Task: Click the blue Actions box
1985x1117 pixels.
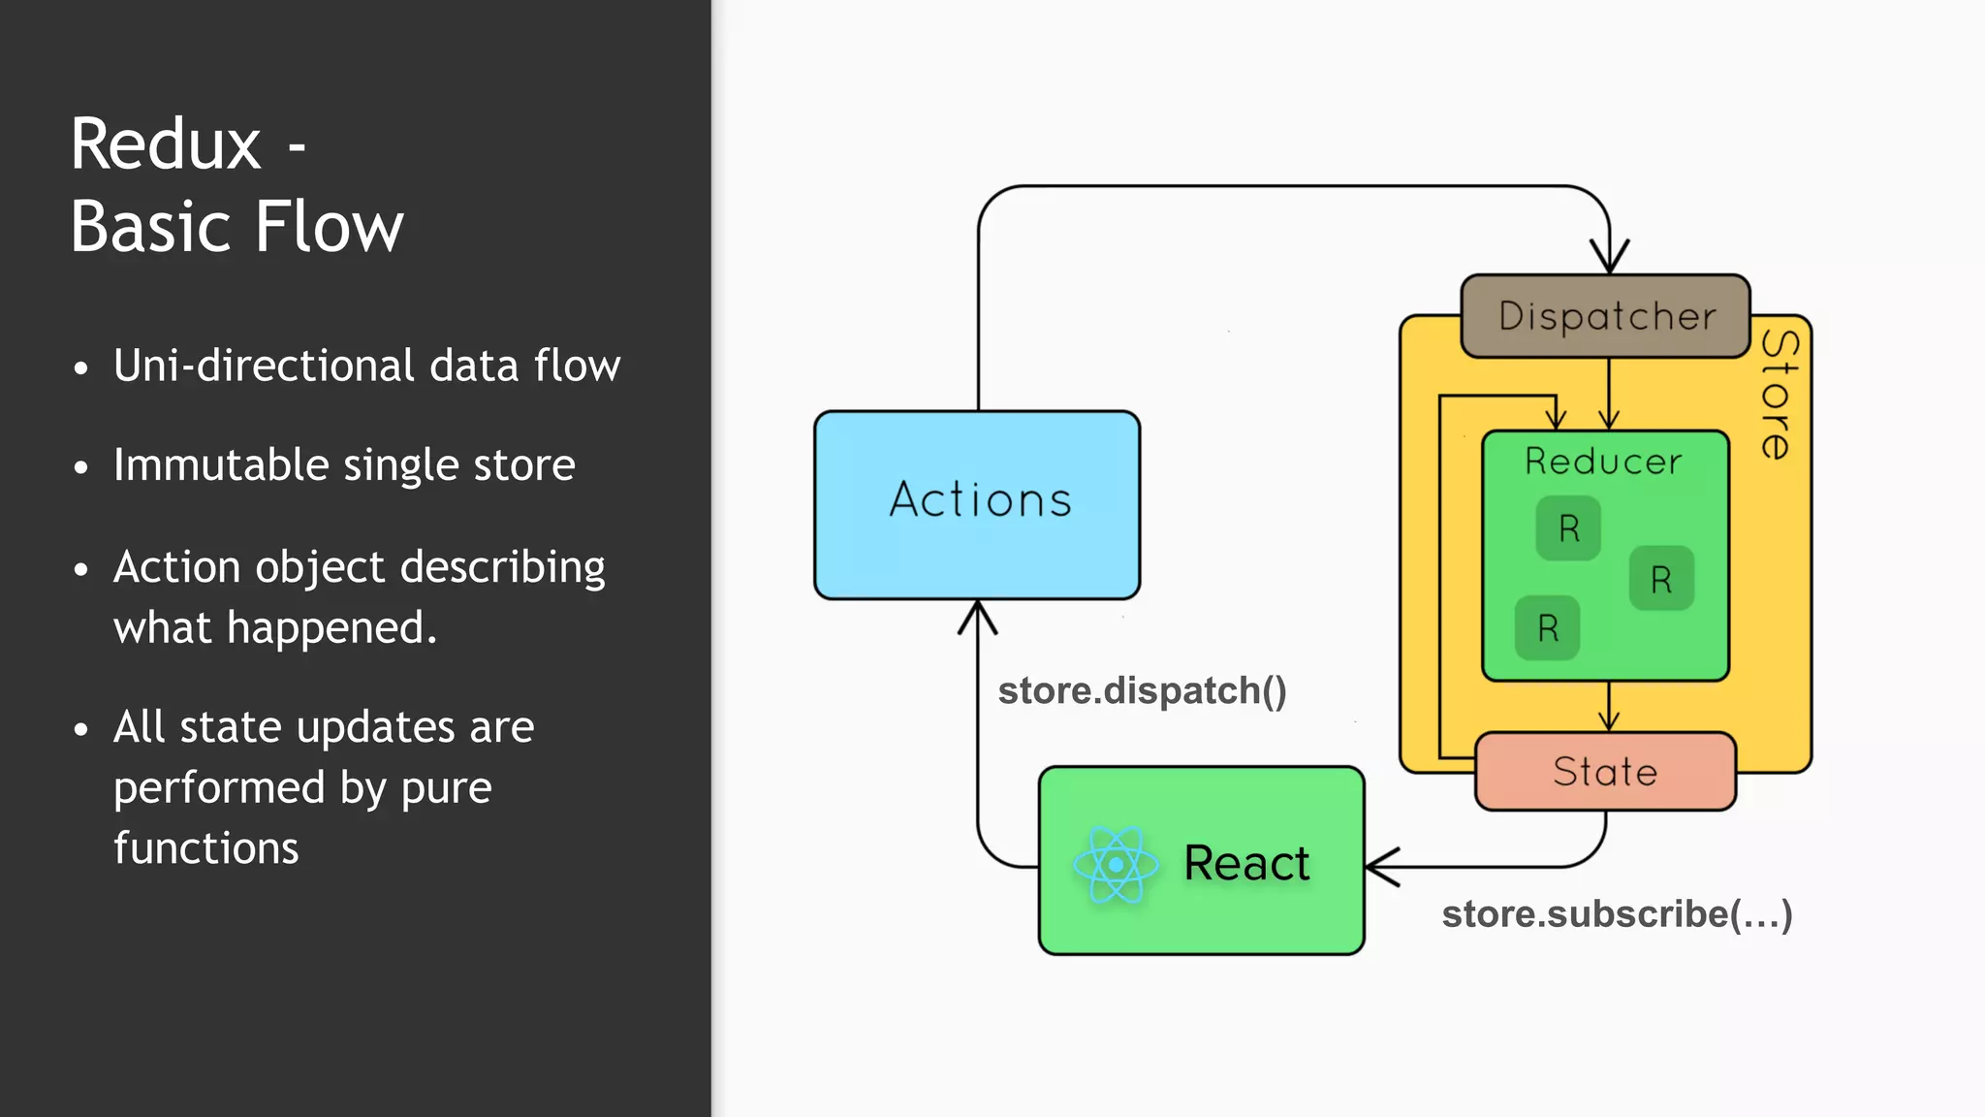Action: coord(977,504)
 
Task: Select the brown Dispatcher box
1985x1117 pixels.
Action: coord(1606,317)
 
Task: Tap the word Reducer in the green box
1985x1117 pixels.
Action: coord(1603,462)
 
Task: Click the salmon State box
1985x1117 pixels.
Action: coord(1605,772)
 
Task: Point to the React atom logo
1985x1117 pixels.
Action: coord(1116,864)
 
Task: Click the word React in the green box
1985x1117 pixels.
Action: coord(1246,863)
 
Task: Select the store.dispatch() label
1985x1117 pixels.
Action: coord(1142,691)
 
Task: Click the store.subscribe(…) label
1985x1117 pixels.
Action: coord(1617,914)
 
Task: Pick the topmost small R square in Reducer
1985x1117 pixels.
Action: coord(1568,528)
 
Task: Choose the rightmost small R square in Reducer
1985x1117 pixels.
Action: coord(1661,579)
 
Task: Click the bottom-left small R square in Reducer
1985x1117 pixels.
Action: coord(1548,628)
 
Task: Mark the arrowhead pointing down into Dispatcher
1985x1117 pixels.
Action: coord(1610,258)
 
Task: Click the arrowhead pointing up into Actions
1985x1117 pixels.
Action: coord(978,618)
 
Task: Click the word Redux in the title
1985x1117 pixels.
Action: coord(166,145)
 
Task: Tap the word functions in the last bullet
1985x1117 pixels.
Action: coord(206,848)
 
